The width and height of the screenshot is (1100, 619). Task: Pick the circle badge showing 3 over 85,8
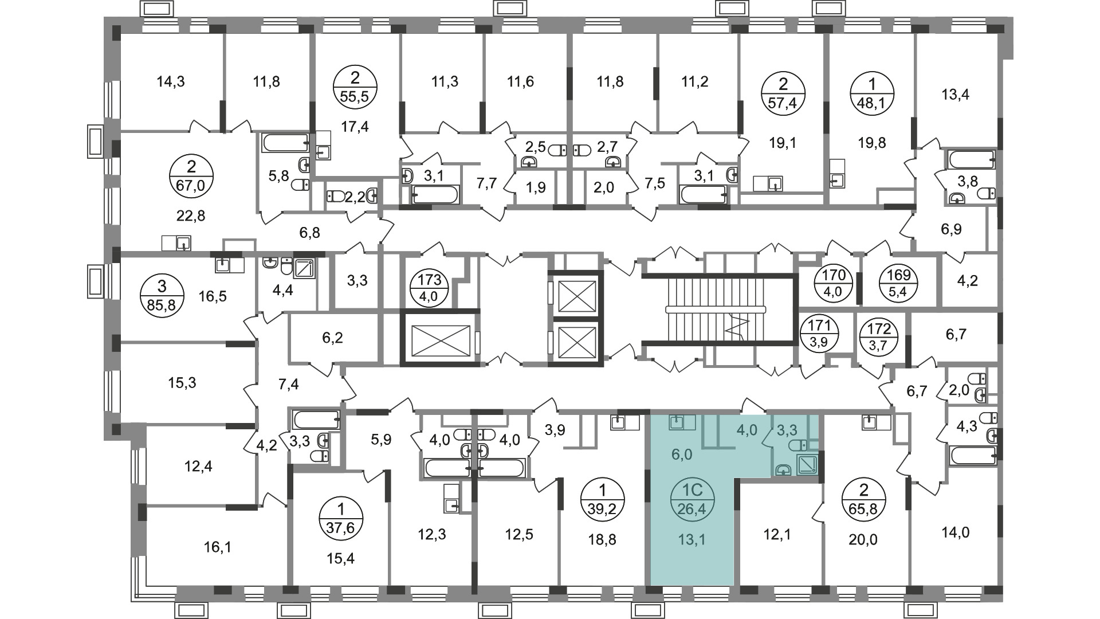(x=162, y=293)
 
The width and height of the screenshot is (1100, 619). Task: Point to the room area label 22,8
(x=191, y=216)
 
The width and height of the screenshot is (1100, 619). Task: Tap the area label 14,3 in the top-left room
(x=171, y=82)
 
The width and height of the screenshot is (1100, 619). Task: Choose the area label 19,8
(x=872, y=142)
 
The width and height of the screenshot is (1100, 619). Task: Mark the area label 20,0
(x=864, y=539)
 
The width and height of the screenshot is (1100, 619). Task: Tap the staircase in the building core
(x=716, y=309)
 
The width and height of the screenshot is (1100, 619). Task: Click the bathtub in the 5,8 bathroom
(x=286, y=143)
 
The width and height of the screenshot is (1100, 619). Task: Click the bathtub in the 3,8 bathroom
(x=972, y=159)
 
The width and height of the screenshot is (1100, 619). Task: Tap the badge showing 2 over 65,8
(x=864, y=499)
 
